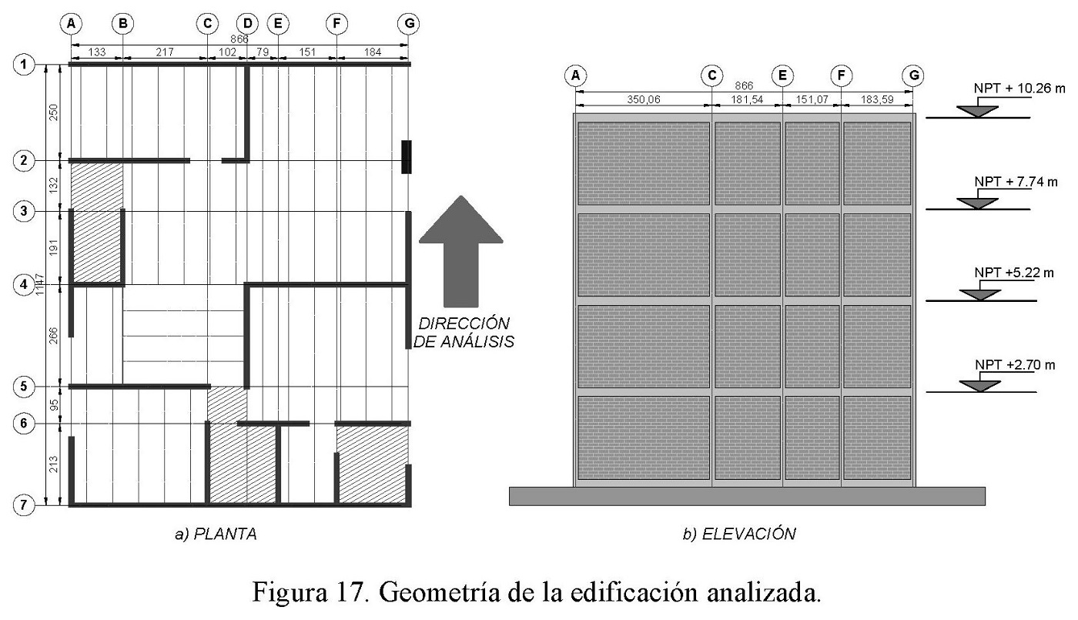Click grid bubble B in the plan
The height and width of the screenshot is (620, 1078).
pyautogui.click(x=122, y=24)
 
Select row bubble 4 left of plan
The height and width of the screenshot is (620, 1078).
pyautogui.click(x=24, y=284)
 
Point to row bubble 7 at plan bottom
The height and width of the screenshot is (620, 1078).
pyautogui.click(x=24, y=504)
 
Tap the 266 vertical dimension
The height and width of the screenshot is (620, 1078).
pyautogui.click(x=53, y=336)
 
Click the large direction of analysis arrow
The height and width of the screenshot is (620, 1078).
pyautogui.click(x=460, y=250)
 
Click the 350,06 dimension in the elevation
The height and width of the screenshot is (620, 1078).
pyautogui.click(x=641, y=99)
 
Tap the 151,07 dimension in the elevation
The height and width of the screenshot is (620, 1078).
pyautogui.click(x=812, y=99)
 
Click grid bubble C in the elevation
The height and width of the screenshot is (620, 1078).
pyautogui.click(x=711, y=75)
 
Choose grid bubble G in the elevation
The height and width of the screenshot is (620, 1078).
pyautogui.click(x=913, y=75)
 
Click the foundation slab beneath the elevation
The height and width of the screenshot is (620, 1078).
pyautogui.click(x=747, y=496)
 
